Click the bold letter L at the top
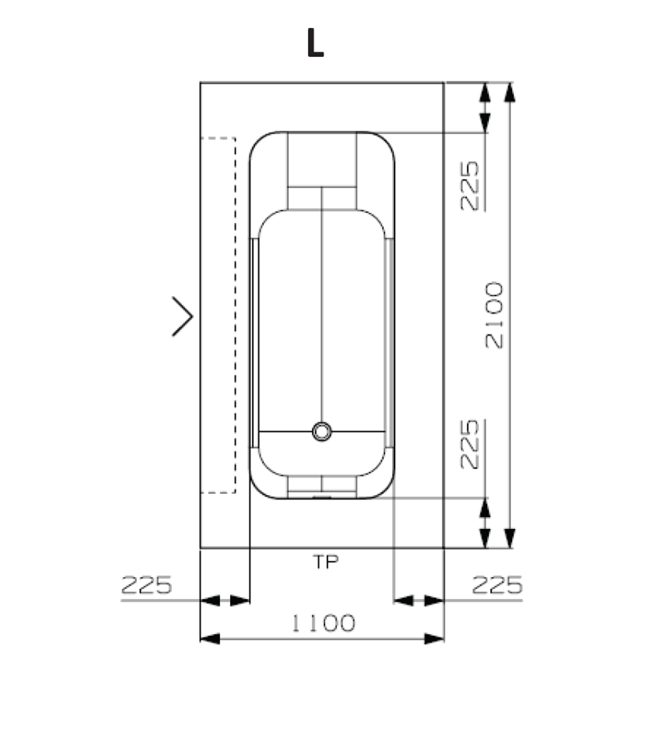315,43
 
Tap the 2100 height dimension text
494,315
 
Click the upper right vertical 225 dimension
470,186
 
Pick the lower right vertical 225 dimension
470,444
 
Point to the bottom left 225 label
146,584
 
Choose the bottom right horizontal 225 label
497,584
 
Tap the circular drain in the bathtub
322,432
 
